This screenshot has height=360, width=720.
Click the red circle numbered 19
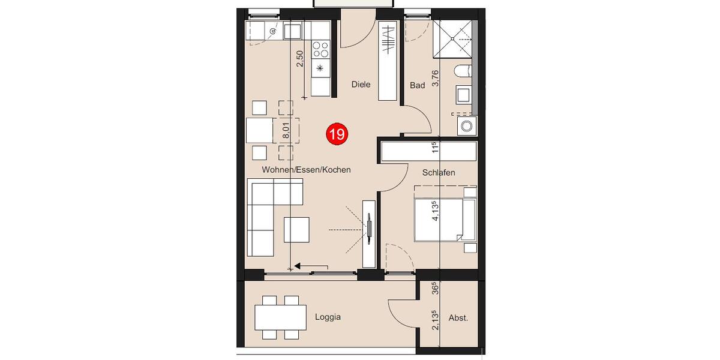(336, 134)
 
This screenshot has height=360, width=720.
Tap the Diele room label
(361, 85)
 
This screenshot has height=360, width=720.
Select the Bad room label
(417, 85)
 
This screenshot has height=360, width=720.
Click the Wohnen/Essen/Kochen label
(306, 170)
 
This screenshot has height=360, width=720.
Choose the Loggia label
(328, 317)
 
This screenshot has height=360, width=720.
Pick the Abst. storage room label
(458, 318)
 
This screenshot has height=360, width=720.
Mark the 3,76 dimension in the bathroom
(436, 79)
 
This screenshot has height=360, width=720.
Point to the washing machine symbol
(466, 125)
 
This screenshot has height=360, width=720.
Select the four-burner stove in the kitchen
(320, 49)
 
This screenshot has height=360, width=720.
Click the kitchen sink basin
(293, 31)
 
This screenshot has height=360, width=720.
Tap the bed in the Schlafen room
(444, 220)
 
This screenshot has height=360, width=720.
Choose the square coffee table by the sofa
(297, 229)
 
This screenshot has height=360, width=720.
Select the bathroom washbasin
(464, 95)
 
